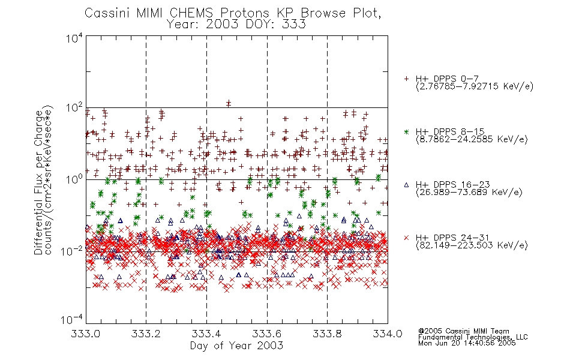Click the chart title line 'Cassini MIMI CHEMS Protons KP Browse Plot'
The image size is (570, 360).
click(233, 13)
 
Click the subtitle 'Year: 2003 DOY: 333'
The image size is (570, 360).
click(236, 25)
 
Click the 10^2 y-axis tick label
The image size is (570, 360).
click(74, 107)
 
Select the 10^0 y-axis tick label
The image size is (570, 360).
click(74, 179)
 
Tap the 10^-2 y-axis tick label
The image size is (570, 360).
click(72, 251)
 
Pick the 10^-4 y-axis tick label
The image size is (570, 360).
click(72, 320)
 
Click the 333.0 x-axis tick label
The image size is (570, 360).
click(86, 334)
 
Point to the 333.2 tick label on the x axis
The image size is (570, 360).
click(146, 334)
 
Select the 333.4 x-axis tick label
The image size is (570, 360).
click(206, 334)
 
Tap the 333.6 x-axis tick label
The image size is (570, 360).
click(267, 334)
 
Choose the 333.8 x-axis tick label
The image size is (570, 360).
click(327, 334)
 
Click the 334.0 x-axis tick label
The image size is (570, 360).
click(388, 334)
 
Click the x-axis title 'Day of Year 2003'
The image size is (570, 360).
click(236, 346)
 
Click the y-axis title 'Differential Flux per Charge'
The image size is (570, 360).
click(38, 182)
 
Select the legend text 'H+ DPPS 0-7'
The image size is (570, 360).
click(447, 79)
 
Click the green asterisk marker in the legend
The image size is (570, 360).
click(406, 132)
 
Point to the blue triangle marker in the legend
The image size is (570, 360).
click(406, 185)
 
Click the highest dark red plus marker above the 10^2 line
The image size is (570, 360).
click(229, 103)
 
